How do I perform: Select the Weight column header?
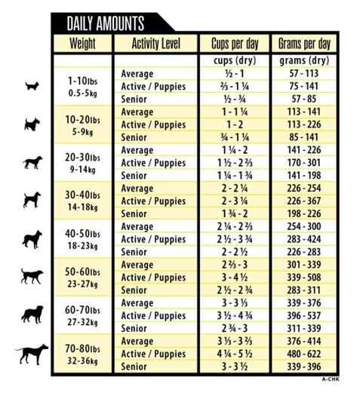82,43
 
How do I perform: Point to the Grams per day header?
304,43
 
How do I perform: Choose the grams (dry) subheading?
304,60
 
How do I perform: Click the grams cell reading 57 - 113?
304,74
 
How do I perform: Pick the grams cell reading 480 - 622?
304,354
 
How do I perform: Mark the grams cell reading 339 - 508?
304,278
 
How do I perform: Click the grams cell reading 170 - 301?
304,163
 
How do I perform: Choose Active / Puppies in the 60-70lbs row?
153,316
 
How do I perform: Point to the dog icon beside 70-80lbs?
32,353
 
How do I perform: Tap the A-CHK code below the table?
330,379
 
